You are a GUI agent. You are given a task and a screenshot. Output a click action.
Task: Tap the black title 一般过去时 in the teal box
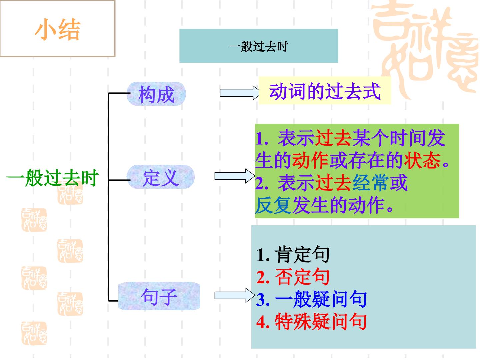258,46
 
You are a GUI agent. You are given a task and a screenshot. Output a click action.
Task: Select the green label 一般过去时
52,177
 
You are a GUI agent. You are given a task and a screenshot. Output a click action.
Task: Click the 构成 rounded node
156,94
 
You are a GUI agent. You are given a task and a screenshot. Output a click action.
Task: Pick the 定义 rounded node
161,177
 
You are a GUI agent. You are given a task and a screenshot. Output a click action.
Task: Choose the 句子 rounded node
159,296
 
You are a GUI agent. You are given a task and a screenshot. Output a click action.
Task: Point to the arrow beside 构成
239,93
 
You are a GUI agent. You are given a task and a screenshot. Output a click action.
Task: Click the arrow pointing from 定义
235,176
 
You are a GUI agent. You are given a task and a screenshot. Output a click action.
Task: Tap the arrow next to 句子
235,295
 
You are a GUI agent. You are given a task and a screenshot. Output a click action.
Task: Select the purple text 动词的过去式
325,91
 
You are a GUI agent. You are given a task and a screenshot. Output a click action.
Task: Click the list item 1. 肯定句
293,254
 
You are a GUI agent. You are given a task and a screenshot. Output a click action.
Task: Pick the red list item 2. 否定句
293,277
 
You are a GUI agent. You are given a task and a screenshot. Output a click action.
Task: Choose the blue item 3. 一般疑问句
311,299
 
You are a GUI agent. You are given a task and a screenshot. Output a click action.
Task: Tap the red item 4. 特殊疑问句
311,321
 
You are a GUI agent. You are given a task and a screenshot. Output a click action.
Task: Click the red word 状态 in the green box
422,160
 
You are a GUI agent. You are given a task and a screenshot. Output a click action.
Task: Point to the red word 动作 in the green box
310,160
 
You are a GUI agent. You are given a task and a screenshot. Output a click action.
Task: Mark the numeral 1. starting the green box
262,139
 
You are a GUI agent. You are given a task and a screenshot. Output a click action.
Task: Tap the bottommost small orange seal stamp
34,333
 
